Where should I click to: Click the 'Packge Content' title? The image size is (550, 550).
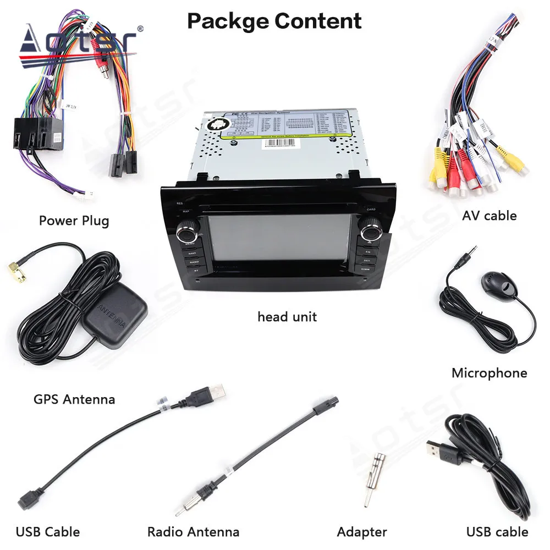(274, 21)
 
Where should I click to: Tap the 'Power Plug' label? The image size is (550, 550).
(74, 221)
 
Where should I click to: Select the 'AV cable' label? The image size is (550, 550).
(489, 216)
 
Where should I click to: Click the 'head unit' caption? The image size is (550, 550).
(287, 317)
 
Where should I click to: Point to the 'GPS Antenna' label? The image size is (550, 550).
(74, 399)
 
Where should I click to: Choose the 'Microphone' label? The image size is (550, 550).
(489, 373)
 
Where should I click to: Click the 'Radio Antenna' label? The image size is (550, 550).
(193, 532)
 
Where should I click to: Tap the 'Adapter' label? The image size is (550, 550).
(362, 532)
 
